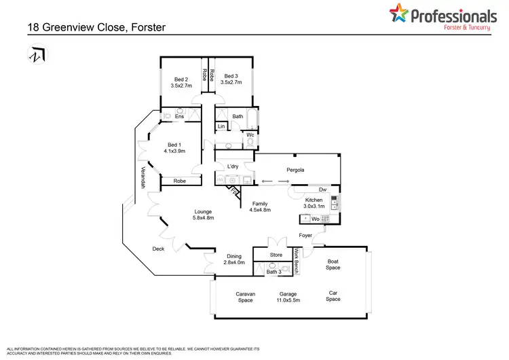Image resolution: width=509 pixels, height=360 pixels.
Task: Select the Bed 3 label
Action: [231, 77]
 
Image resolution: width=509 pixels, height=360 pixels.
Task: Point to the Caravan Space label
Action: [244, 296]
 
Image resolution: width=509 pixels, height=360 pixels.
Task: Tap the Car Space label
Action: [333, 295]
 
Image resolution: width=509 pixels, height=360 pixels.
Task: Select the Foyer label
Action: [305, 236]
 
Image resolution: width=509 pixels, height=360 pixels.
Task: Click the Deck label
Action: [158, 249]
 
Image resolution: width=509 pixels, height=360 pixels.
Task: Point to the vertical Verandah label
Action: [143, 177]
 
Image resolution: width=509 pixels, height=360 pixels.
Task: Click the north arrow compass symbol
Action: [35, 54]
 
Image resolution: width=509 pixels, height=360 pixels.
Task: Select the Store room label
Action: [276, 255]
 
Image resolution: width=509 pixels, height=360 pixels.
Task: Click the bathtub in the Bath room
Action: [253, 120]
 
